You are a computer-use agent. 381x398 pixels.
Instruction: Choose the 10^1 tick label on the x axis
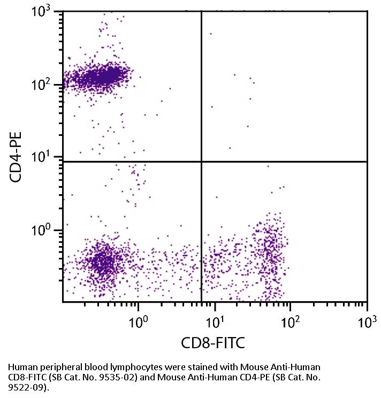pos(215,322)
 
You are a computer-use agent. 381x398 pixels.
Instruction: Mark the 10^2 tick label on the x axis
pos(291,322)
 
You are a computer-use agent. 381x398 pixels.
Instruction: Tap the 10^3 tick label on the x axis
pos(367,322)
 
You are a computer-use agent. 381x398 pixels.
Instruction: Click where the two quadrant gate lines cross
pos(201,162)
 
